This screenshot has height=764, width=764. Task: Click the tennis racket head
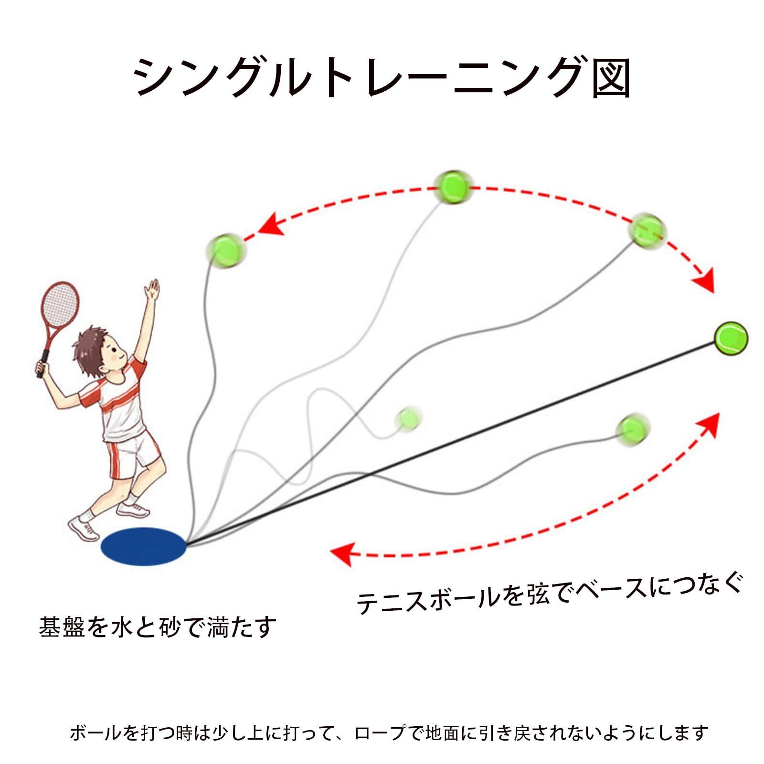pos(59,304)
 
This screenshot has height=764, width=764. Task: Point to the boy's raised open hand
pos(153,290)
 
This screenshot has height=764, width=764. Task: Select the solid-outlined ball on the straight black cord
pos(731,339)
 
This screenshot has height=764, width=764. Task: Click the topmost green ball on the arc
pos(453,187)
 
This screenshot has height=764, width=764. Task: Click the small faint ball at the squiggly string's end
pos(409,418)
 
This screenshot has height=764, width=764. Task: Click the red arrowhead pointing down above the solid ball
pos(705,282)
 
